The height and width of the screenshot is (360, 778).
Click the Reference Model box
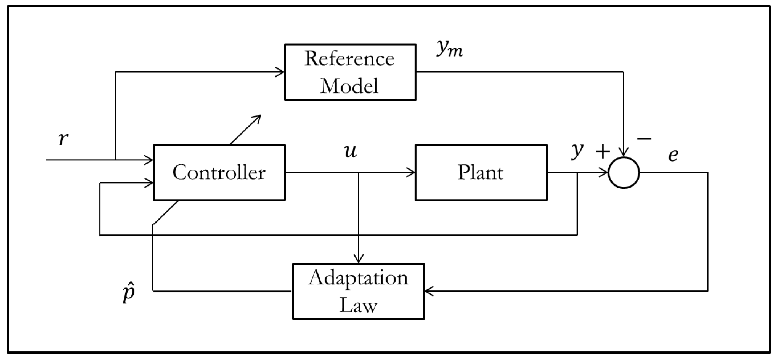[x=350, y=72]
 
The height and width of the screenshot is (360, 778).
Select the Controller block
[x=219, y=172]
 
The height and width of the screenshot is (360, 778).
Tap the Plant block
[x=481, y=172]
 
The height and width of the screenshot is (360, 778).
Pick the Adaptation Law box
[x=358, y=291]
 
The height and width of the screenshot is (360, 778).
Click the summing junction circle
[x=624, y=172]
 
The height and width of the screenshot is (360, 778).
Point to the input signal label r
[x=63, y=139]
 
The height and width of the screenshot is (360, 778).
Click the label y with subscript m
[x=450, y=48]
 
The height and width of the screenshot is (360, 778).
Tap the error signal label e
[x=674, y=155]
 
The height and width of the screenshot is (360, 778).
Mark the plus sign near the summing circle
[x=602, y=152]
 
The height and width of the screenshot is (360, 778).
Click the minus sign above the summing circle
[x=644, y=139]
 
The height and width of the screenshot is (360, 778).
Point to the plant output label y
[x=577, y=151]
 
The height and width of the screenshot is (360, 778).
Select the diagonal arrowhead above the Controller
[x=258, y=118]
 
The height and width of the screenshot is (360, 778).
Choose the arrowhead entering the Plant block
[x=412, y=172]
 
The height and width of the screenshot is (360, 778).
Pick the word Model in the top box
[x=349, y=86]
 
